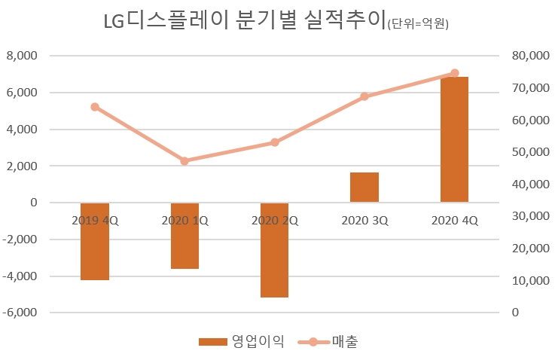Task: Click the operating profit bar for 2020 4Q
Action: pyautogui.click(x=454, y=139)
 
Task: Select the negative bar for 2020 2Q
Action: pyautogui.click(x=275, y=249)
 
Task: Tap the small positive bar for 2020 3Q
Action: pyautogui.click(x=364, y=188)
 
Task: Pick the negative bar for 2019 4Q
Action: pyautogui.click(x=95, y=241)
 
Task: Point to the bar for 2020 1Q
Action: pyautogui.click(x=184, y=236)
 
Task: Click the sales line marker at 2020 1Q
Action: pyautogui.click(x=184, y=160)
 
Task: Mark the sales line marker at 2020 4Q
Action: pyautogui.click(x=454, y=73)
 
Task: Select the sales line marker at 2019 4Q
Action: pyautogui.click(x=95, y=107)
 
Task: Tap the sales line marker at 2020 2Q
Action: pyautogui.click(x=275, y=142)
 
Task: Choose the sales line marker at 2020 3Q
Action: pyautogui.click(x=364, y=96)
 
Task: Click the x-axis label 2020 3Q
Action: pyautogui.click(x=364, y=221)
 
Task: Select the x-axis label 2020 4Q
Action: pyautogui.click(x=454, y=221)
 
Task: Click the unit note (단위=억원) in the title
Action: pyautogui.click(x=417, y=24)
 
